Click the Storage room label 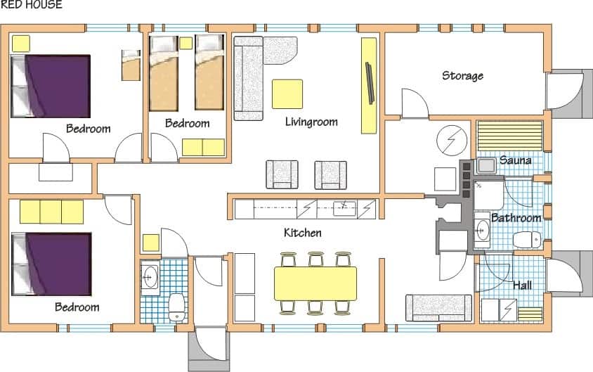pyautogui.click(x=462, y=76)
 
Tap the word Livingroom pyautogui.click(x=311, y=122)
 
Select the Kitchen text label pyautogui.click(x=303, y=232)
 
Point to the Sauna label pyautogui.click(x=516, y=160)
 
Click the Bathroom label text pyautogui.click(x=516, y=217)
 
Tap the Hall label pyautogui.click(x=522, y=285)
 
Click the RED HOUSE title pyautogui.click(x=32, y=4)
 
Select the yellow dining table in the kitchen pyautogui.click(x=315, y=283)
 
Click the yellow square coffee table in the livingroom pyautogui.click(x=287, y=94)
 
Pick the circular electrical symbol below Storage pyautogui.click(x=452, y=141)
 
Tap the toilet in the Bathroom pyautogui.click(x=527, y=240)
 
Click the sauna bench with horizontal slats pyautogui.click(x=510, y=136)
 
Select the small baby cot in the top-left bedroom pyautogui.click(x=131, y=65)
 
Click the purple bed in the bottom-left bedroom pyautogui.click(x=51, y=264)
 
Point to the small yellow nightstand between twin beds pyautogui.click(x=185, y=43)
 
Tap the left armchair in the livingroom pyautogui.click(x=282, y=174)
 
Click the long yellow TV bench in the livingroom pyautogui.click(x=369, y=86)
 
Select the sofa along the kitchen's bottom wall pyautogui.click(x=438, y=308)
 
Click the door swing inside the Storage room pyautogui.click(x=415, y=103)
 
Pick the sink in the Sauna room pyautogui.click(x=486, y=165)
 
